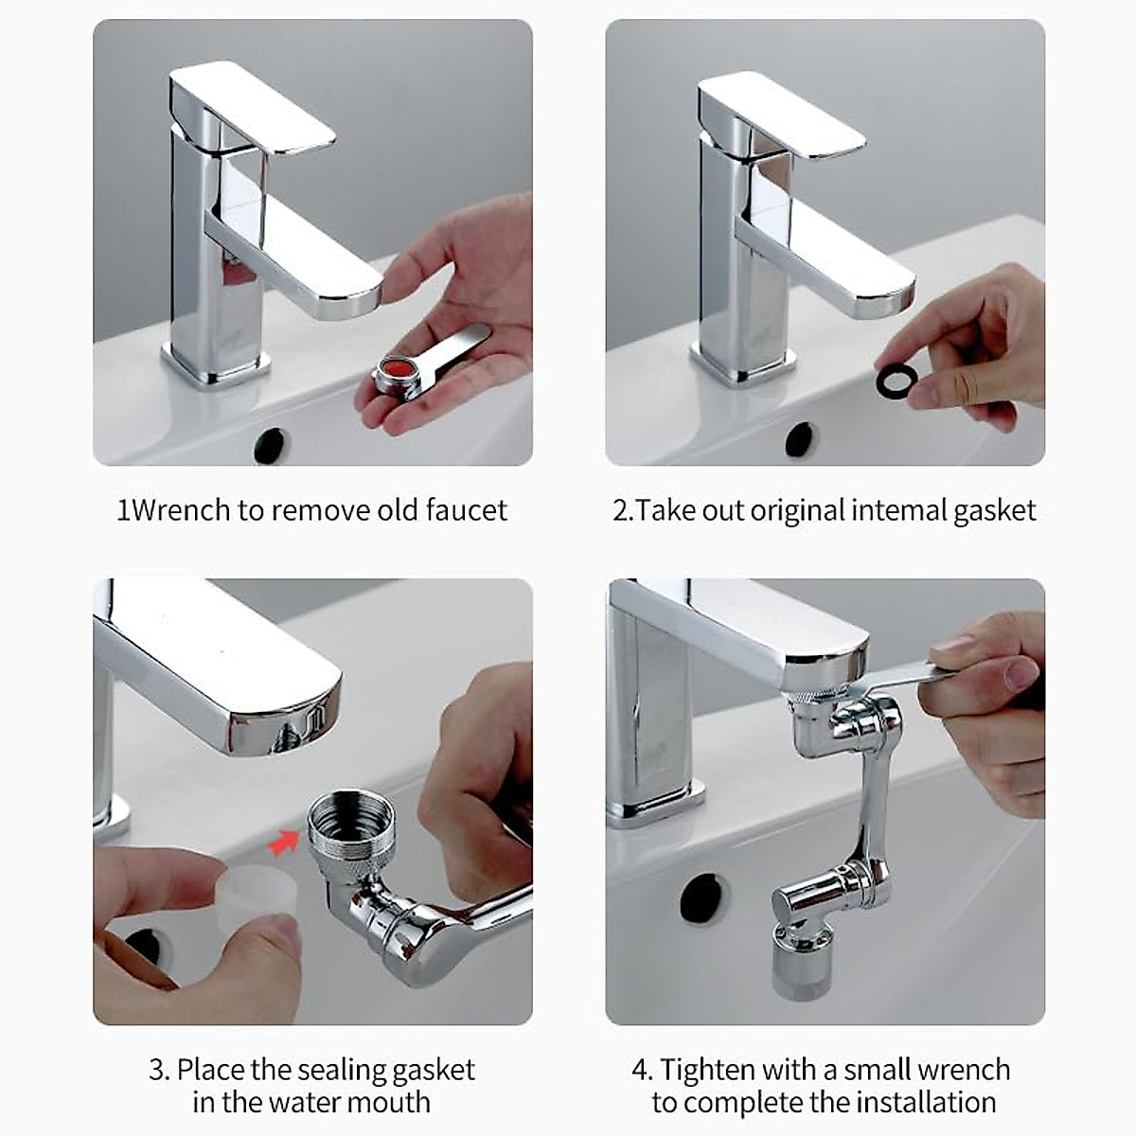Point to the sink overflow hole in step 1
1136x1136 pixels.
pyautogui.click(x=271, y=446)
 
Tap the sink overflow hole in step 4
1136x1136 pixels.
pyautogui.click(x=702, y=897)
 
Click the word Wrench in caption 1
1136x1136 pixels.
pyautogui.click(x=179, y=510)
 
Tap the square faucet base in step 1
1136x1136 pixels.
pyautogui.click(x=217, y=371)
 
